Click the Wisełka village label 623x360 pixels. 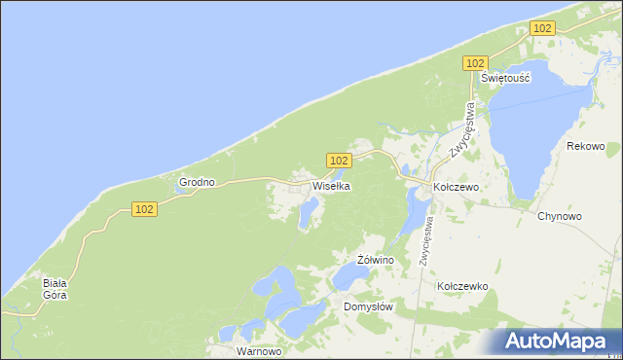(330, 186)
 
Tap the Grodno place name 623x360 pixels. (196, 182)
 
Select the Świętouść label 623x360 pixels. (505, 79)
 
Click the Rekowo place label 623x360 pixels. (585, 147)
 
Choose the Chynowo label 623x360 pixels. (559, 216)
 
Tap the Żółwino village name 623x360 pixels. (375, 261)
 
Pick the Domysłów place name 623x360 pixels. (368, 306)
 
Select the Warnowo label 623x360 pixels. (259, 350)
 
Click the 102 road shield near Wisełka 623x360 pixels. (338, 161)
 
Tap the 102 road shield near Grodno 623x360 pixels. (143, 209)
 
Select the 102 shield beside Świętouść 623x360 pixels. (474, 63)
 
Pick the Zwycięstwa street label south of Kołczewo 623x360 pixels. (426, 239)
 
